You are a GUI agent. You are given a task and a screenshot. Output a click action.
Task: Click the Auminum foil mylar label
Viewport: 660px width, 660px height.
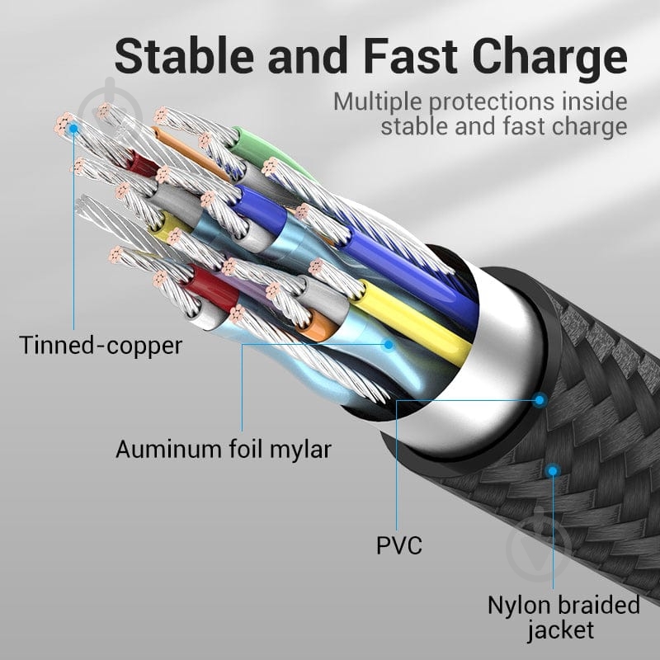[223, 450]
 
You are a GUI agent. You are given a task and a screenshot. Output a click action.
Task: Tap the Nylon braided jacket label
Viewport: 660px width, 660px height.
[563, 617]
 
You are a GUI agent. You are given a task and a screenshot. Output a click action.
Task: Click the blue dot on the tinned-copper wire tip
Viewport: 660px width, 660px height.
[73, 128]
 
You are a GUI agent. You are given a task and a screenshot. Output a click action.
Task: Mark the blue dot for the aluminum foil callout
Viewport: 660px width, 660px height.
[389, 346]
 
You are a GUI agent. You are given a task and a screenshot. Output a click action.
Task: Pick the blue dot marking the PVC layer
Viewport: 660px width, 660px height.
[540, 400]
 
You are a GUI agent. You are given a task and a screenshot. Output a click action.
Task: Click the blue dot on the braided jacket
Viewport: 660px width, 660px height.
[553, 471]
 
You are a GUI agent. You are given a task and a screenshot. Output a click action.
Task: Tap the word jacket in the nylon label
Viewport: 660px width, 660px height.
[563, 631]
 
